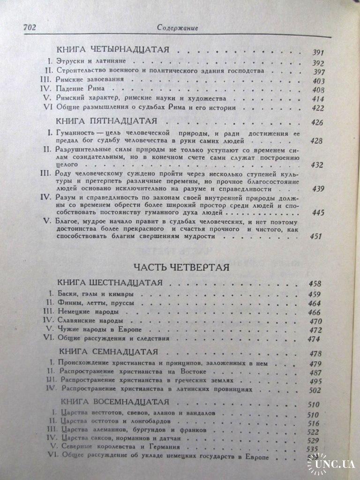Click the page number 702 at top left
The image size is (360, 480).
pos(29,28)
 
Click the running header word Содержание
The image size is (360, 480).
pos(177,28)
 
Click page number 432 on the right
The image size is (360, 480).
pos(318,165)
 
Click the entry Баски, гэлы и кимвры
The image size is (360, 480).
pos(97,294)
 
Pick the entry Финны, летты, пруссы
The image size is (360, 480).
pos(97,303)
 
